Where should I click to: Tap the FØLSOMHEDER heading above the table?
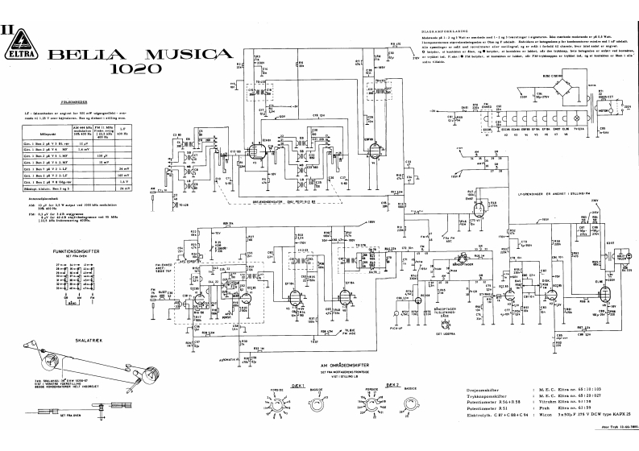click(x=61, y=102)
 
